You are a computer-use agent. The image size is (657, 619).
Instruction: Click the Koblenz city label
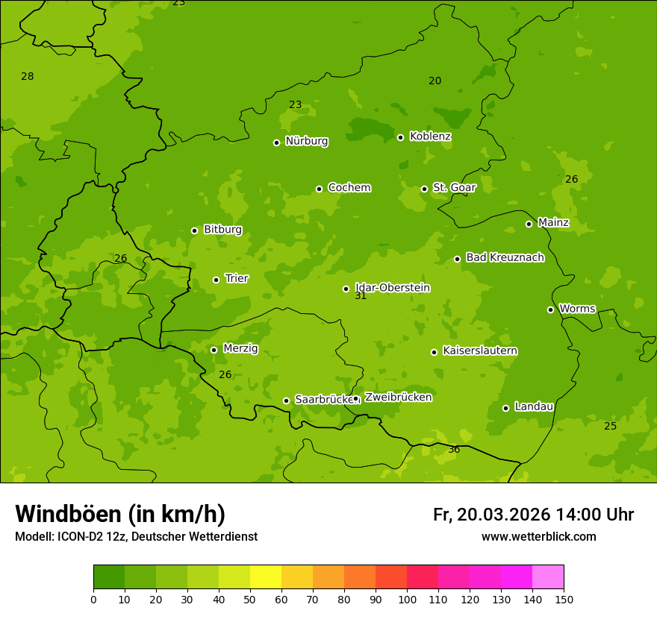point(430,136)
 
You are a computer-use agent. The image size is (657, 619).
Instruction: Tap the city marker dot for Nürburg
point(276,142)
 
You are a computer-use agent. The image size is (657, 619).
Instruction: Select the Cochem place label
point(349,188)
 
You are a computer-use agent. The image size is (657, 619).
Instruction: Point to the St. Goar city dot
point(424,189)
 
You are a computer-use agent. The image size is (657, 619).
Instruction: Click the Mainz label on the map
point(553,223)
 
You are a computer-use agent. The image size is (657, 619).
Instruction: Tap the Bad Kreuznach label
point(505,257)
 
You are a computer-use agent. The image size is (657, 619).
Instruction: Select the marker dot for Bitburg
point(194,230)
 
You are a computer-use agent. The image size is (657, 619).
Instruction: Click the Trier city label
point(237,279)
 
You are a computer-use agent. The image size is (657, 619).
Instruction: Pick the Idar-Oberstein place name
point(392,288)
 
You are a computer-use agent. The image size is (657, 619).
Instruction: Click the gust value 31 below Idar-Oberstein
point(361,296)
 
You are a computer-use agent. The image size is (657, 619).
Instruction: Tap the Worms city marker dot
point(550,309)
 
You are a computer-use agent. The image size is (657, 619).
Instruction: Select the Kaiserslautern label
point(480,351)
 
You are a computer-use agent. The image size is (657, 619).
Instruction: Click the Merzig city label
point(240,348)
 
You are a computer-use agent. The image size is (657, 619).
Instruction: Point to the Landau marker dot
point(505,408)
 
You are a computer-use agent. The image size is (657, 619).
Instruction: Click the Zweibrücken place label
point(398,398)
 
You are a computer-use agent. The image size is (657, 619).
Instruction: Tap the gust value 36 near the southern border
point(454,450)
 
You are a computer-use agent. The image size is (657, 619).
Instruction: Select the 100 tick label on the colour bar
point(407,599)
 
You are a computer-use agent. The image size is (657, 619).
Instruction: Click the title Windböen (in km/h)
point(120,514)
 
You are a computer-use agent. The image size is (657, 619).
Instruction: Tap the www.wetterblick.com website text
point(538,537)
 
